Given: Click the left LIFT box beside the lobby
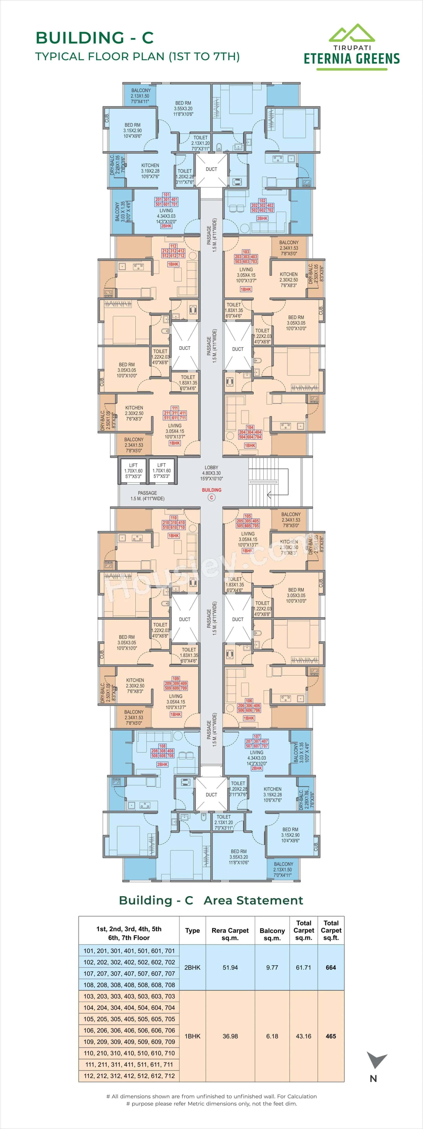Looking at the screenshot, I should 133,471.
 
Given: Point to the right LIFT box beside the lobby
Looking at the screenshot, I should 162,471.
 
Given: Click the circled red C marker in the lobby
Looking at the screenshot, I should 211,497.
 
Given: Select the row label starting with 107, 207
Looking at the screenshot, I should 129,973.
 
